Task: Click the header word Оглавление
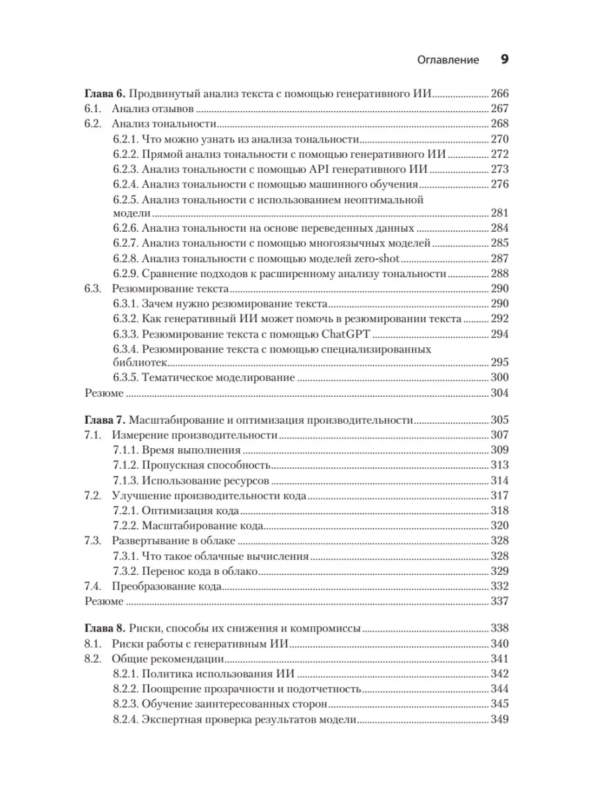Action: pyautogui.click(x=448, y=60)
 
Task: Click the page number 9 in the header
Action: pyautogui.click(x=504, y=59)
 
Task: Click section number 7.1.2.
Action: pyautogui.click(x=125, y=465)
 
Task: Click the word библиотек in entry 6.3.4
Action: pyautogui.click(x=139, y=363)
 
